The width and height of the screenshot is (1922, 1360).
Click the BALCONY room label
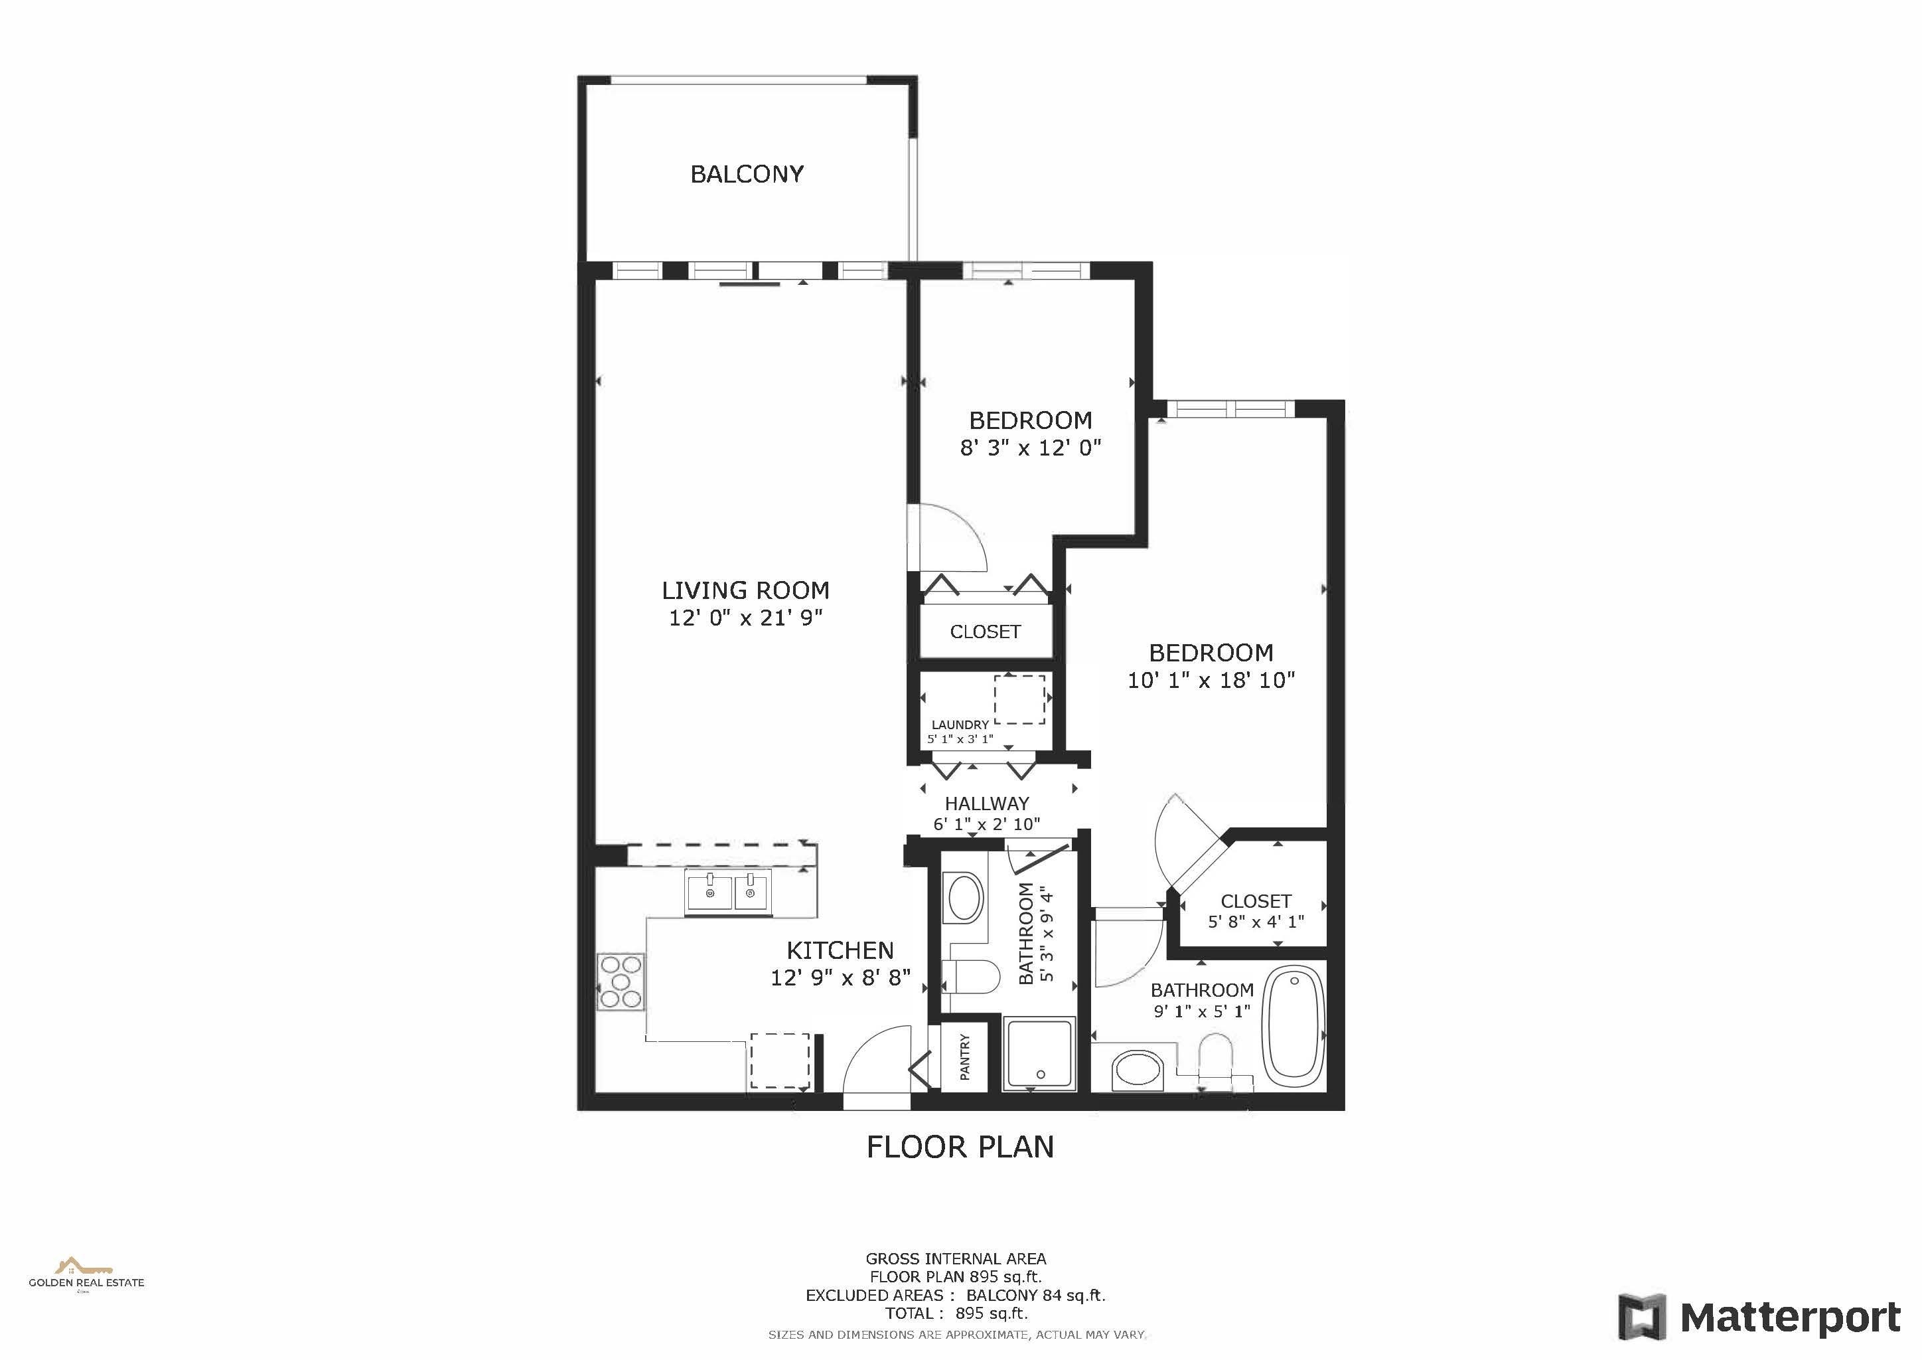point(747,174)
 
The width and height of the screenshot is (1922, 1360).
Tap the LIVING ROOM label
point(746,590)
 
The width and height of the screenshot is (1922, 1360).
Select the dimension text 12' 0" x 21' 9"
point(746,618)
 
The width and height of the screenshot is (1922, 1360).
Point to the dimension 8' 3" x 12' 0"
point(1031,448)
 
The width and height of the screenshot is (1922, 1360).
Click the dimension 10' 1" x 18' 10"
point(1211,680)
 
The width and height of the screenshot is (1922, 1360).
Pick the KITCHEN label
point(840,950)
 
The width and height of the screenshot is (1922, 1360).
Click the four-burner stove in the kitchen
point(621,981)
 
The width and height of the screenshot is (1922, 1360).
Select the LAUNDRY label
point(960,724)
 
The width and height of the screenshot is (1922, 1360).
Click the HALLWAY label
point(987,803)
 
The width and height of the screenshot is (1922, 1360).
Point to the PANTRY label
point(964,1057)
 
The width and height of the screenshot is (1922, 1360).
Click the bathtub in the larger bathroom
point(1294,1023)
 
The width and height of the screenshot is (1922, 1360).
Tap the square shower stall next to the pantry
point(1039,1053)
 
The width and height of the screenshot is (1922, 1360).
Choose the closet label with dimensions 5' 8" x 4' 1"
point(1256,901)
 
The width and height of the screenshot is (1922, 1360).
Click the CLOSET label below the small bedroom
point(986,632)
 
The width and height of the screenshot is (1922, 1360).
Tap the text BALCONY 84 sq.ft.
point(1035,1296)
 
